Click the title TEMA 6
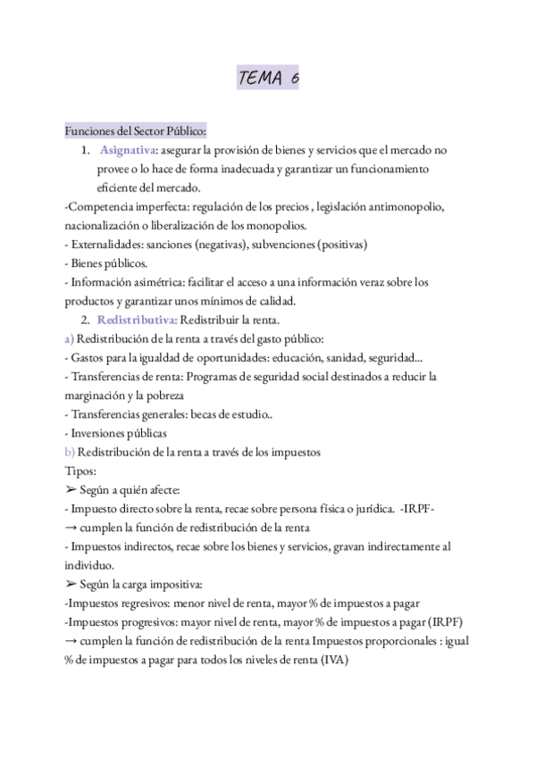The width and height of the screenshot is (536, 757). coord(268,79)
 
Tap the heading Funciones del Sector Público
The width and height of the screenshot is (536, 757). coord(136,131)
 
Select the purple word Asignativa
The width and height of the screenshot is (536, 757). coord(128,150)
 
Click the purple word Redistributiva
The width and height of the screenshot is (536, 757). coord(137,320)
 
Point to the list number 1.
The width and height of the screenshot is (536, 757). coord(87,150)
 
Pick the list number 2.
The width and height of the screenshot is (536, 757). coord(87,320)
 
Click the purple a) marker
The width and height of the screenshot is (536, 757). coord(70,338)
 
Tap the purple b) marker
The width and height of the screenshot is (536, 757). coord(70,452)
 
